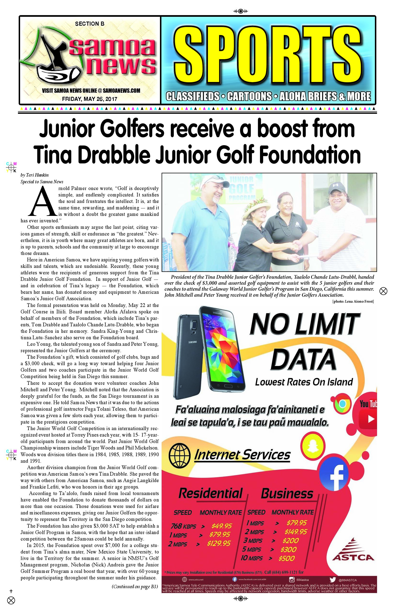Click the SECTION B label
(x=90, y=24)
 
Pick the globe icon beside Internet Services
(x=179, y=455)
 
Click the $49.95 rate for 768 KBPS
(x=222, y=526)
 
